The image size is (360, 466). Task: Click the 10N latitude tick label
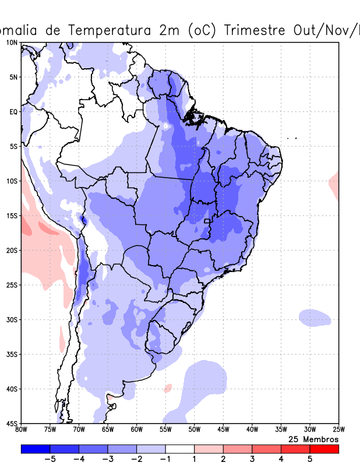12,43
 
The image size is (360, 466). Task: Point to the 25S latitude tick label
12,285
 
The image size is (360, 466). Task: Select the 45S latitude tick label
12,423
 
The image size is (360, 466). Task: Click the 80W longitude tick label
22,430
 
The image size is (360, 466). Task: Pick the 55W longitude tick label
165,430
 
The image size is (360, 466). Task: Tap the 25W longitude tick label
338,430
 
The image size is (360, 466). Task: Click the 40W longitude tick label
252,430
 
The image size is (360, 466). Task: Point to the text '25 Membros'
313,439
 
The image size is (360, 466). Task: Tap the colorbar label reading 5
310,459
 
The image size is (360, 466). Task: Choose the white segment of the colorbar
180,449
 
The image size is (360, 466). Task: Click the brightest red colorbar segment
324,449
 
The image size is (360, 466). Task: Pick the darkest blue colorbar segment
36,449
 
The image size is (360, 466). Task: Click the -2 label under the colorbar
136,459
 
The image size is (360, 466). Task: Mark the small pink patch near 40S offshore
168,387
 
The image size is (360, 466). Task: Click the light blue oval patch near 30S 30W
315,317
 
